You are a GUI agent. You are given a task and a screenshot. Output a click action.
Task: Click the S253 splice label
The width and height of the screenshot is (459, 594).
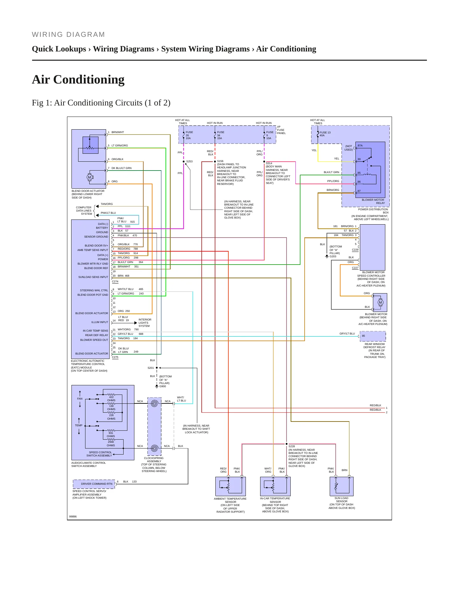(189, 161)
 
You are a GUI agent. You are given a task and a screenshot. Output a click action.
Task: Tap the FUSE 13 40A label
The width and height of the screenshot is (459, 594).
(325, 134)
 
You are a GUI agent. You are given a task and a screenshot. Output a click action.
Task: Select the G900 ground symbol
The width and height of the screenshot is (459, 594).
(157, 386)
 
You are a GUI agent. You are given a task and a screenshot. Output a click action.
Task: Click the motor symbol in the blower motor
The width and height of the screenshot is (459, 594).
(380, 302)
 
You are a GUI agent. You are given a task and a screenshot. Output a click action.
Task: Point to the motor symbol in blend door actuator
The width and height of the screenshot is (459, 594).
(90, 177)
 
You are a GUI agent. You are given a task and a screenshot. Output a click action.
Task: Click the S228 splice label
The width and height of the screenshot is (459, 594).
(292, 446)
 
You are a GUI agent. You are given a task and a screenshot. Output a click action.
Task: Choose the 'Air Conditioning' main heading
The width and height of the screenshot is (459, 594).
(78, 79)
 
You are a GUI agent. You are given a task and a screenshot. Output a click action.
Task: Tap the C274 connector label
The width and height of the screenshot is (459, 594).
(115, 281)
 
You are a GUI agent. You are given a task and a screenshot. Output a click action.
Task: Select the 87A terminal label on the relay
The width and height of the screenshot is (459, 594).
(360, 145)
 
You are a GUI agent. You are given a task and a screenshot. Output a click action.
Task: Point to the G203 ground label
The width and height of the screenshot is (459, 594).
(333, 256)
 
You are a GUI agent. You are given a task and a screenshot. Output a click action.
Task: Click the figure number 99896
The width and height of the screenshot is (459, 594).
(73, 516)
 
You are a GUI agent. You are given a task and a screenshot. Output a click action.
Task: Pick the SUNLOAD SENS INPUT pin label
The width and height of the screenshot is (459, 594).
(93, 277)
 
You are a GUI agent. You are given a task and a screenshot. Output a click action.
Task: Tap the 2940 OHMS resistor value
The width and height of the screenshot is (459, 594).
(111, 443)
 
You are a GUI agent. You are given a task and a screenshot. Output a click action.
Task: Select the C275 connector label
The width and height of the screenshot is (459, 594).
(115, 357)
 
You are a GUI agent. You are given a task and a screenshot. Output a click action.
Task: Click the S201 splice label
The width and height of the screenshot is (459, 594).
(151, 368)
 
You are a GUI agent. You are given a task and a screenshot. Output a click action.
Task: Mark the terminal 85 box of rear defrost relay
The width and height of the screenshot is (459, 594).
(373, 336)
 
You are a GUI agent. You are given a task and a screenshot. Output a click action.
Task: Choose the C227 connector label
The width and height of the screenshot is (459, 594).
(355, 268)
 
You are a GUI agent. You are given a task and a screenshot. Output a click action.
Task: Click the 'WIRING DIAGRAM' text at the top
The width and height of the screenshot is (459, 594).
(68, 35)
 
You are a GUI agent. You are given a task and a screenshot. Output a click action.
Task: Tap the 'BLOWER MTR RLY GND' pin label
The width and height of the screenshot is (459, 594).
(93, 264)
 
